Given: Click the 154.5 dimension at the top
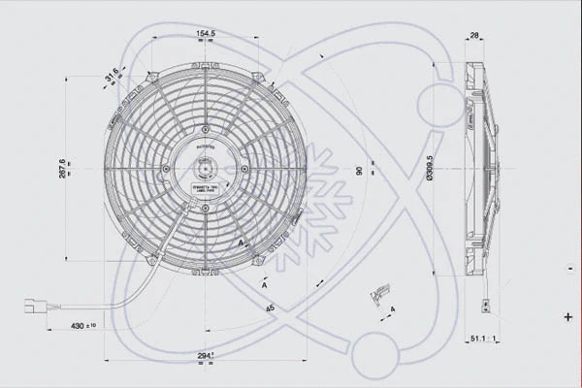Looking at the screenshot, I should click(205, 35).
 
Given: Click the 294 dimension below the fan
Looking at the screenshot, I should click(204, 355).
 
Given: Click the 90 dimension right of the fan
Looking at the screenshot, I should click(358, 172).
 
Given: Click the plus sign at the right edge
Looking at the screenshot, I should click(567, 316).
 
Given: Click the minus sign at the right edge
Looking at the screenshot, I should click(567, 264).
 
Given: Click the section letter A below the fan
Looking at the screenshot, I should click(264, 286).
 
